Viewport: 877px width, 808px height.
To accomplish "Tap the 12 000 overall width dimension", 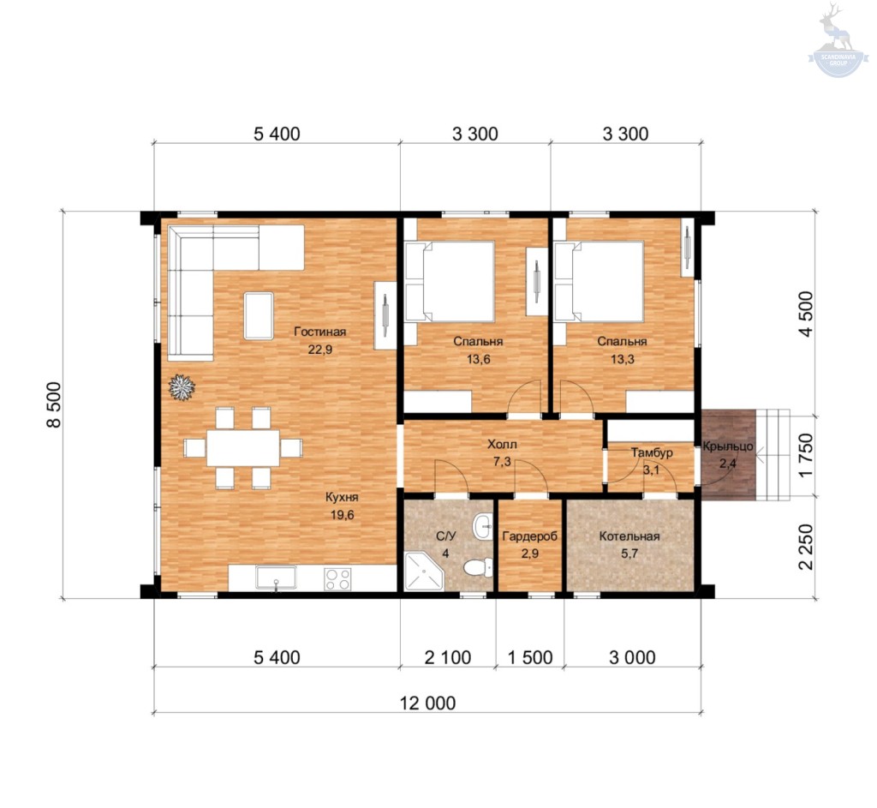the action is point(427,703).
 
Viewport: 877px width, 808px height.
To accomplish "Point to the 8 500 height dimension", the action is point(54,404).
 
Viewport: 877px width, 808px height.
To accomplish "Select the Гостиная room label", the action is point(320,332).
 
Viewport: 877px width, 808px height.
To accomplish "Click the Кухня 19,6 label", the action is point(342,506).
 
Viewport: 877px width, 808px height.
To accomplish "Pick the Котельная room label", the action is point(629,536).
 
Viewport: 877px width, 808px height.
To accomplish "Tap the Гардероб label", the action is point(529,536).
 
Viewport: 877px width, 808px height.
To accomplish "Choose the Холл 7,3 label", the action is point(502,452).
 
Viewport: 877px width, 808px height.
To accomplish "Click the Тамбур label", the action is point(652,452).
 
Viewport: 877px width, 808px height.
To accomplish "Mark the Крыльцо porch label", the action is point(728,446).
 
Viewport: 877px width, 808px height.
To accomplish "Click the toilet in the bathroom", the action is point(477,567).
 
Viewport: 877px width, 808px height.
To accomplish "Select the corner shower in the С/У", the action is point(423,572).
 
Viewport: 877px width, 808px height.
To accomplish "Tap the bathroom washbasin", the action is point(482,527).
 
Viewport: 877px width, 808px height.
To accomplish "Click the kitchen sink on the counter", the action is point(276,578).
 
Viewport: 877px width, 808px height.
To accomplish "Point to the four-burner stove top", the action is point(337,578).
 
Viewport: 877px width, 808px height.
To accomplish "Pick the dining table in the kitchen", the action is point(243,447).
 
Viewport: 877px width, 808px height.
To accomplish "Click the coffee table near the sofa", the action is point(259,315).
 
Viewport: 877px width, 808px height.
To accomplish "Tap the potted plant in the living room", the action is point(182,387).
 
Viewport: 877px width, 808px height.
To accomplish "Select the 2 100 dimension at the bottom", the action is point(447,657).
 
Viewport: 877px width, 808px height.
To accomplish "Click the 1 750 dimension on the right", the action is point(805,456).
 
